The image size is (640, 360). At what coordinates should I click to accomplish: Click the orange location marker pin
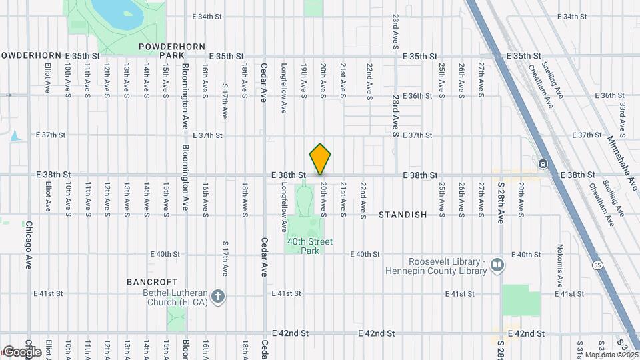(x=321, y=159)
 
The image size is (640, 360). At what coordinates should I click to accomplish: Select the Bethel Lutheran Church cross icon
(x=218, y=297)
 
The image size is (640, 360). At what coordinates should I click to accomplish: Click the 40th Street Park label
(x=310, y=246)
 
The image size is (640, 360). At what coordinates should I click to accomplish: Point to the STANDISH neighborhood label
(x=403, y=215)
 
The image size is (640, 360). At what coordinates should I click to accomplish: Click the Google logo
(x=22, y=352)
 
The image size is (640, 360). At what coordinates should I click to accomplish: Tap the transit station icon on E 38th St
(x=543, y=163)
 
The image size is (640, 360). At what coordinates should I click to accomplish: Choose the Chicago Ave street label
(x=28, y=245)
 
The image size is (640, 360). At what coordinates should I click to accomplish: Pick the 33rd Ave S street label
(x=621, y=115)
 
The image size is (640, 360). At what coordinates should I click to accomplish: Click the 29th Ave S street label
(x=521, y=198)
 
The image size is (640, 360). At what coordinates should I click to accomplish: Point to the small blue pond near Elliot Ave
(x=15, y=137)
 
